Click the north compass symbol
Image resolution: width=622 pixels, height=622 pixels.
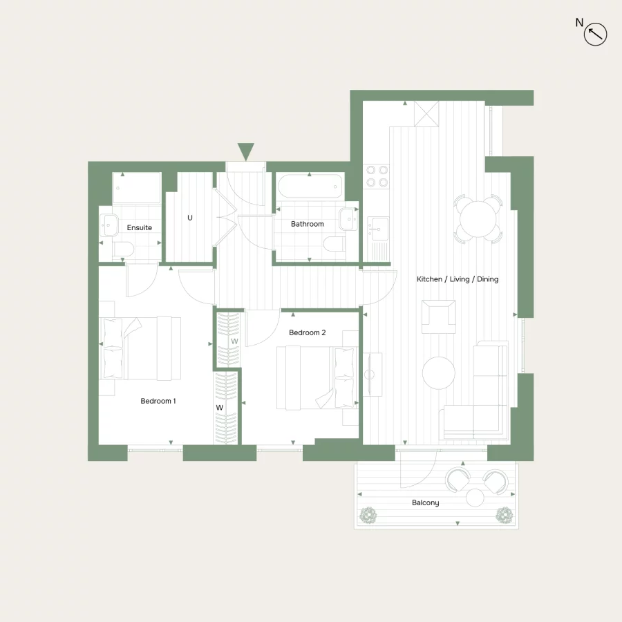(x=595, y=34)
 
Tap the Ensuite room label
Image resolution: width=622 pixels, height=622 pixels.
(x=139, y=227)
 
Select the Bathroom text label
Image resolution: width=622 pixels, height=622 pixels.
(x=307, y=224)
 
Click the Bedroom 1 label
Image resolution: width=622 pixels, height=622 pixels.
(x=158, y=401)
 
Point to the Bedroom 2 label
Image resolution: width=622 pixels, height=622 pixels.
(x=307, y=332)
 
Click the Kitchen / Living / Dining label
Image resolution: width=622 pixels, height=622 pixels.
(x=457, y=279)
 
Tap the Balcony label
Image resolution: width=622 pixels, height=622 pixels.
(x=426, y=502)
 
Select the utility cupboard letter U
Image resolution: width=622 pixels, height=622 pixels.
(x=190, y=218)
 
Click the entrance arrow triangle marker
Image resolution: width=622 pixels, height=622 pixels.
(x=245, y=151)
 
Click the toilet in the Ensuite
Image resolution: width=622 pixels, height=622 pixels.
(x=123, y=249)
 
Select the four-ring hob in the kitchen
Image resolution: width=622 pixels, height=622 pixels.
(x=377, y=176)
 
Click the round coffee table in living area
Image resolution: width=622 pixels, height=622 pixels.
(x=439, y=373)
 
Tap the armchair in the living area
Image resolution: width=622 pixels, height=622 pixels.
(x=439, y=316)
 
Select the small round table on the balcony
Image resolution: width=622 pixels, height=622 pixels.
(x=475, y=497)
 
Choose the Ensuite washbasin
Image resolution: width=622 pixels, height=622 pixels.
(x=109, y=224)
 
